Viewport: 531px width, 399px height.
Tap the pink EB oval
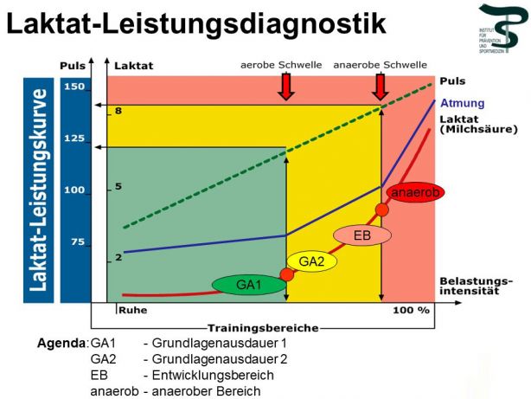pos(361,235)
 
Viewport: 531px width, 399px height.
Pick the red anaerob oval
pos(416,192)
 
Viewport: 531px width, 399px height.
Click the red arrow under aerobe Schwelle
pos(286,85)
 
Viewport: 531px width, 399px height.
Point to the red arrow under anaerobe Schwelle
pos(381,85)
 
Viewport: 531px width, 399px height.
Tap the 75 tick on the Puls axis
pos(76,242)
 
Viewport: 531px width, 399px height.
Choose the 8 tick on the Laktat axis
pos(118,111)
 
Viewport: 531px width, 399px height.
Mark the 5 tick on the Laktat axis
pos(118,186)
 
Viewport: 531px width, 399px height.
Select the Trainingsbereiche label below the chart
pos(262,328)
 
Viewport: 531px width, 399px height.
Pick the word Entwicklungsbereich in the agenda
pos(212,375)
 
